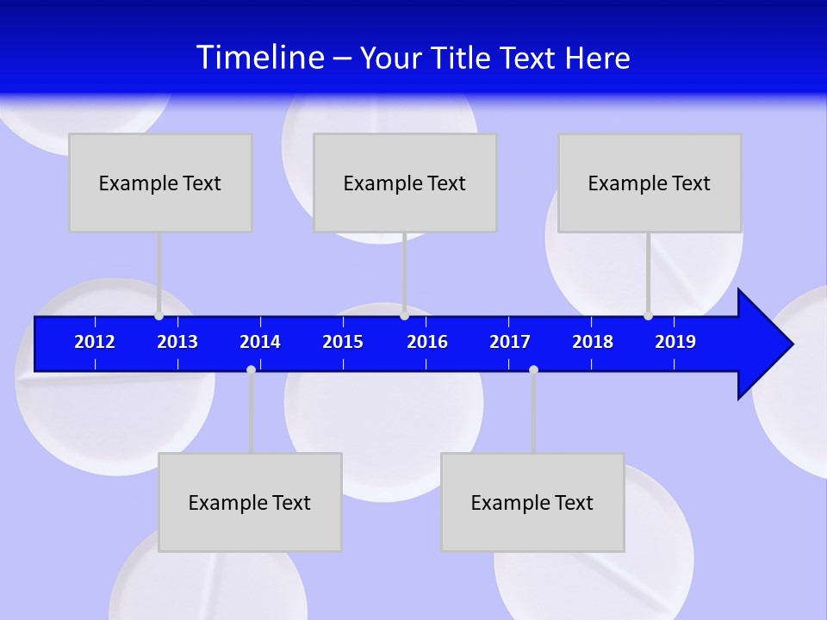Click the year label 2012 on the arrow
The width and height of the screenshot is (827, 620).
coord(95,342)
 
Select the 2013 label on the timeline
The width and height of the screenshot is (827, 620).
coord(177,342)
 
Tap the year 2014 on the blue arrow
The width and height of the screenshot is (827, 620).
coord(260,342)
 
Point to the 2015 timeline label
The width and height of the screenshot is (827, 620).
coord(343,342)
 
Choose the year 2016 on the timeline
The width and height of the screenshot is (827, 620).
coord(427,342)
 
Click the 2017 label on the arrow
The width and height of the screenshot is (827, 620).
coord(510,342)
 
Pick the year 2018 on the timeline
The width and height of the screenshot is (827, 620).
coord(593,342)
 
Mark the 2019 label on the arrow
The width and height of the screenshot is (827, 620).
coord(675,342)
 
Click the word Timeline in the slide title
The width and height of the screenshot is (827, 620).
coord(260,57)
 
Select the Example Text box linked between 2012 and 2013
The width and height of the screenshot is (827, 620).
coord(160,183)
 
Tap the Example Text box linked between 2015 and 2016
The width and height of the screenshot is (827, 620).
coord(405,183)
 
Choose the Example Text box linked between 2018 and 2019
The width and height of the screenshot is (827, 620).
coord(650,183)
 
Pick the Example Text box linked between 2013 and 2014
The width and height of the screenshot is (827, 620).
coord(250,502)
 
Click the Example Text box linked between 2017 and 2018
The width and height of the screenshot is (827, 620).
coord(532,502)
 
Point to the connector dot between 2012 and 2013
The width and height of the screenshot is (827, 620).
coord(159,316)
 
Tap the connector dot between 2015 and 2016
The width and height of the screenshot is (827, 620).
coord(404,316)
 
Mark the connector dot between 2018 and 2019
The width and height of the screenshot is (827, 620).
coord(648,316)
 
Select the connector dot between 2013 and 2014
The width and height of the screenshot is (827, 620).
coord(251,369)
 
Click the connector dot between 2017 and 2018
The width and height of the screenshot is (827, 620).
coord(533,369)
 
